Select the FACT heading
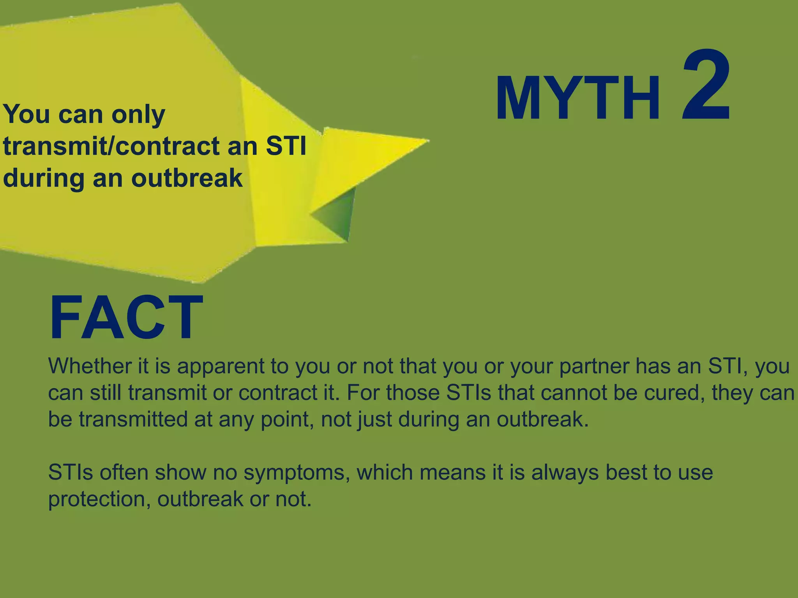126,318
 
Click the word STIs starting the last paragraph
71,473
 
